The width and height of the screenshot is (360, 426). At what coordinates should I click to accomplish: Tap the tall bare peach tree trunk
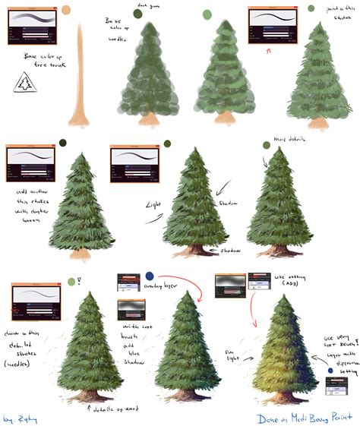[x=81, y=76]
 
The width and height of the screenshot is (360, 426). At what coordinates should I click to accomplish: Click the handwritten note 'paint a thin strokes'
[x=334, y=13]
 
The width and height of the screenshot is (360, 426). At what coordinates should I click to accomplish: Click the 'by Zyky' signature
[x=19, y=417]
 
